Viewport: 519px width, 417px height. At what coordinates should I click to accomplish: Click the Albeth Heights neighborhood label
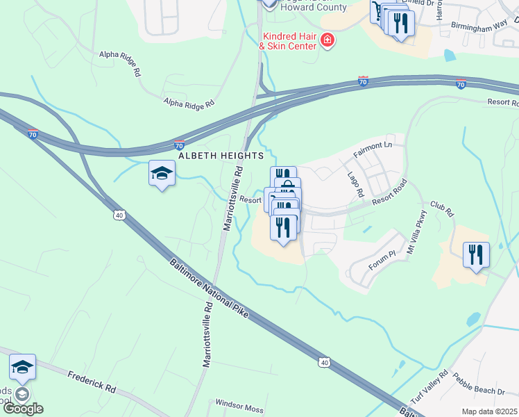point(221,156)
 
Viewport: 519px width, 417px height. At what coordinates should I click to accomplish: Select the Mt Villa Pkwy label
point(420,226)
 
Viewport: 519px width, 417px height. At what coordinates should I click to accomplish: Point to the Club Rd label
point(441,208)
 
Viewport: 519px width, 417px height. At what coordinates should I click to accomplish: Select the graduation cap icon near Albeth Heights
point(162,174)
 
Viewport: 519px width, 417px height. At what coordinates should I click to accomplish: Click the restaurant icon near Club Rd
point(476,254)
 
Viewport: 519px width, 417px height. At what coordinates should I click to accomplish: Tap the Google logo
point(23,409)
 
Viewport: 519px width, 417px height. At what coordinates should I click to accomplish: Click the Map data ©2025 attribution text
point(489,411)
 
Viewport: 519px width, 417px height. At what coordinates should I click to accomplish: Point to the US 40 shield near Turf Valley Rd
point(324,362)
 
